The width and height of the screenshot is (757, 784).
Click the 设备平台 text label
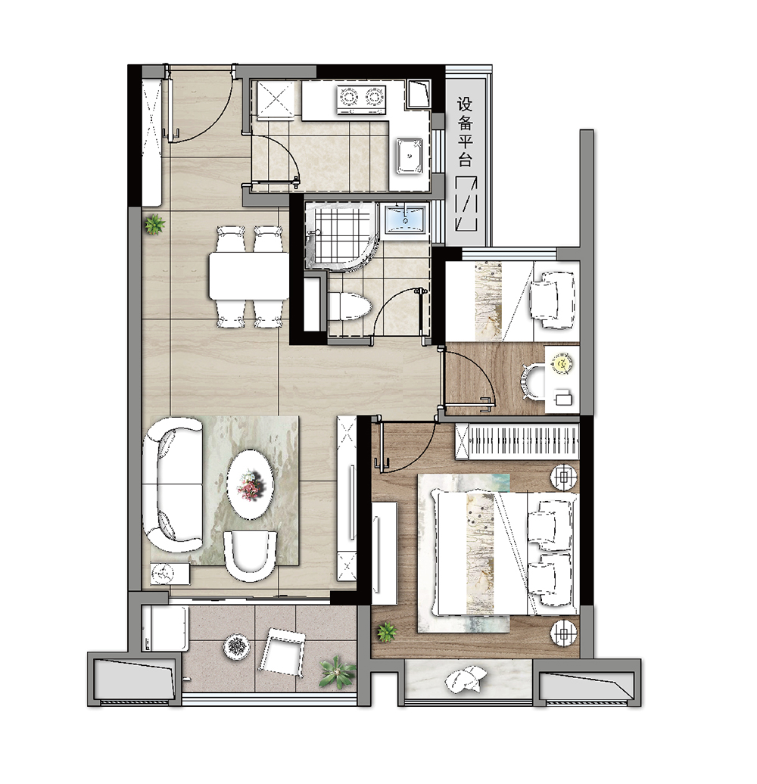tap(465, 132)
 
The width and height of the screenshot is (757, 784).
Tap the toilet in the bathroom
tap(350, 306)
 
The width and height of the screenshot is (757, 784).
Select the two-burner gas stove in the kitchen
tap(361, 98)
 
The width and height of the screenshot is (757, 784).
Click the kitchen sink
tap(410, 156)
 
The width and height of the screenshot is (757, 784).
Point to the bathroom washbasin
tap(404, 219)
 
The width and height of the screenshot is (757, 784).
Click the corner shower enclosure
tap(340, 236)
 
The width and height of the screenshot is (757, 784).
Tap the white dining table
tap(248, 276)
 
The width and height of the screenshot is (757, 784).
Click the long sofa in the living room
tap(172, 484)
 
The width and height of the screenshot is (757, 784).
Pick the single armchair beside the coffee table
tap(250, 555)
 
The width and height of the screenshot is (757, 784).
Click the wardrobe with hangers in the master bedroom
tap(517, 441)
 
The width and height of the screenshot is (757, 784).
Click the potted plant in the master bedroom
tap(387, 633)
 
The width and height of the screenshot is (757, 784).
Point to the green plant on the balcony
tap(337, 673)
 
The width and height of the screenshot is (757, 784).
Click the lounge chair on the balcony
tap(281, 651)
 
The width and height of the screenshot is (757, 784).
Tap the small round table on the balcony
tap(237, 647)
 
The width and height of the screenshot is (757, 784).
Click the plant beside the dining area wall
tap(154, 225)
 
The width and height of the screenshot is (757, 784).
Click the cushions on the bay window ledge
tap(466, 680)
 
